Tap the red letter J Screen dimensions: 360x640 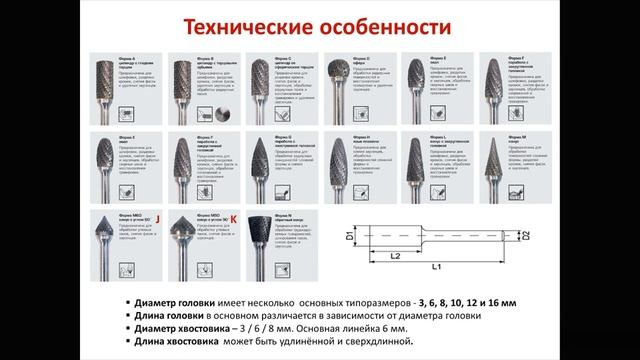tap(156, 215)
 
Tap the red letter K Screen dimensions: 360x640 tap(233, 216)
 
